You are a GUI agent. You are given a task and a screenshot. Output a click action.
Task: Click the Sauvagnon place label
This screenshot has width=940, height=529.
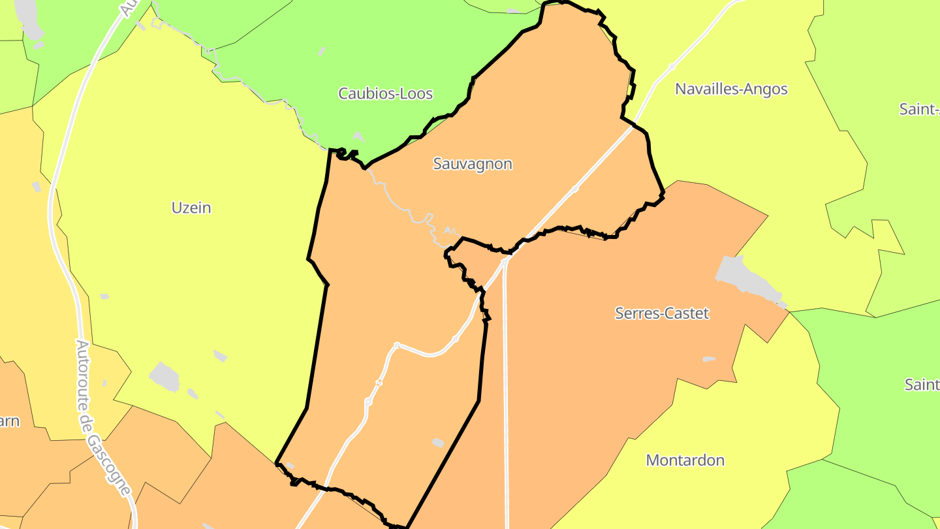tap(473, 164)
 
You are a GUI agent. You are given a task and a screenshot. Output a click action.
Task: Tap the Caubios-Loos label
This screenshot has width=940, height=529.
tap(385, 93)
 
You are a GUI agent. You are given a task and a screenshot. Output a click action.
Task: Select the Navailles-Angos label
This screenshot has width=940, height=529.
tap(731, 89)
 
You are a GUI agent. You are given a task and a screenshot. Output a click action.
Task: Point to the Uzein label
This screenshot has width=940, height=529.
tap(191, 208)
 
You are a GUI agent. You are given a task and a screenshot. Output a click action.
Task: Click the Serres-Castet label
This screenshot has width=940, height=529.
tap(662, 313)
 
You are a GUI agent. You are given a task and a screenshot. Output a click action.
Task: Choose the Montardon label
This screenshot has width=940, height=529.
tap(685, 460)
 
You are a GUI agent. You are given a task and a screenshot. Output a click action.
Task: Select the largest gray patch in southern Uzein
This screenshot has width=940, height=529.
tap(164, 377)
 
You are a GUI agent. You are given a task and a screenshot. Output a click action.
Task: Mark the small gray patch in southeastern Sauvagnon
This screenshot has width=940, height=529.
tap(438, 443)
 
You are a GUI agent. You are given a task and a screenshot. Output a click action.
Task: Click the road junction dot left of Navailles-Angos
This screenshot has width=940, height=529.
tap(672, 67)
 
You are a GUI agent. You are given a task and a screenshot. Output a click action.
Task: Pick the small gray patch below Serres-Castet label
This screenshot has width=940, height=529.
tap(709, 359)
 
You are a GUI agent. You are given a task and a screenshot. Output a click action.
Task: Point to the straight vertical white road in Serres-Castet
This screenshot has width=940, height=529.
tap(505, 392)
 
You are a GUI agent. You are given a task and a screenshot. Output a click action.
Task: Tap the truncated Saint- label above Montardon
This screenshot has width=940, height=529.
tap(922, 384)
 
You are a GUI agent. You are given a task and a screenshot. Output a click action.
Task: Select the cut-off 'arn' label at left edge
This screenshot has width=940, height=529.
tap(9, 421)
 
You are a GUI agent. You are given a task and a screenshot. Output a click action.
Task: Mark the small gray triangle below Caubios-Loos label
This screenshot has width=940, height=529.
tap(358, 136)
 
